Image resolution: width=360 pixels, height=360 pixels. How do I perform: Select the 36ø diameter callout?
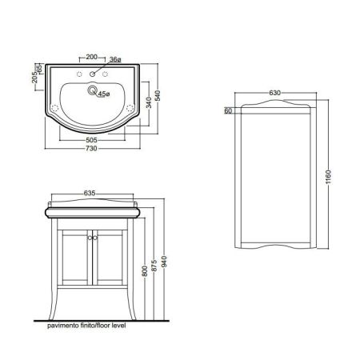pyautogui.click(x=115, y=60)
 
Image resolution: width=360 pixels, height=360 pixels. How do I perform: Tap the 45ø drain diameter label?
pyautogui.click(x=103, y=94)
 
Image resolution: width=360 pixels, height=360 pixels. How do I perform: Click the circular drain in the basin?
pyautogui.click(x=93, y=92)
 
